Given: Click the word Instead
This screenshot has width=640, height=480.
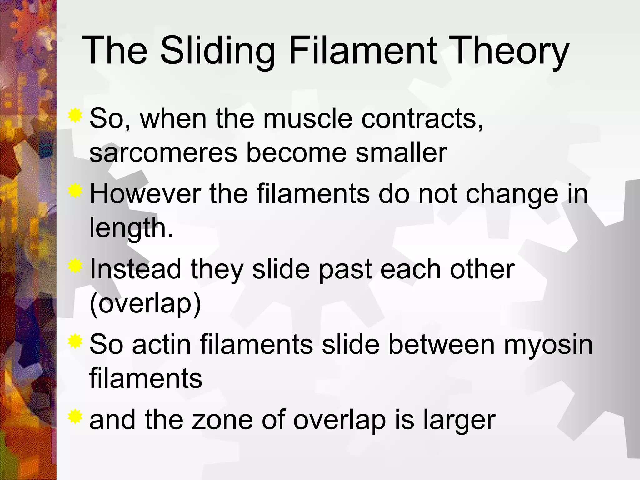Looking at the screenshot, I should (x=135, y=269).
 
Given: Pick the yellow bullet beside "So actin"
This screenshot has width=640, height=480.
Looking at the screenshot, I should (x=75, y=342).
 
